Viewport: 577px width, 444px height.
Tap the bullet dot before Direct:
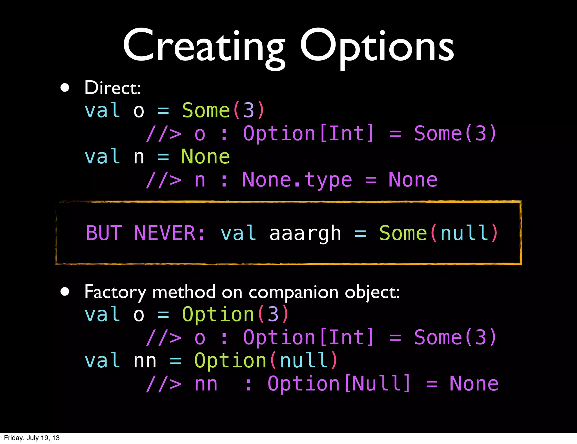[65, 88]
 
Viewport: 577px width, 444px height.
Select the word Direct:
[112, 88]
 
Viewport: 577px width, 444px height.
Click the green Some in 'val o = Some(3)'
[206, 110]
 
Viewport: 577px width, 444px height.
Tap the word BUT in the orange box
[104, 233]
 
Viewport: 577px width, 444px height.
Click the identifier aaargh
[305, 234]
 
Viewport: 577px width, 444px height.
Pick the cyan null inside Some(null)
[464, 233]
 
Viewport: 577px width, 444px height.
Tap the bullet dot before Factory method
[65, 292]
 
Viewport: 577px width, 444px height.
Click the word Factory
[115, 292]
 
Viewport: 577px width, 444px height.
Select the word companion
[293, 292]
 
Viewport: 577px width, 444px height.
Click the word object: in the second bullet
[372, 292]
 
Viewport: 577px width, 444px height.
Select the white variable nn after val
[145, 361]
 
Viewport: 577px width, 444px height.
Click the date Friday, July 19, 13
[32, 438]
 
